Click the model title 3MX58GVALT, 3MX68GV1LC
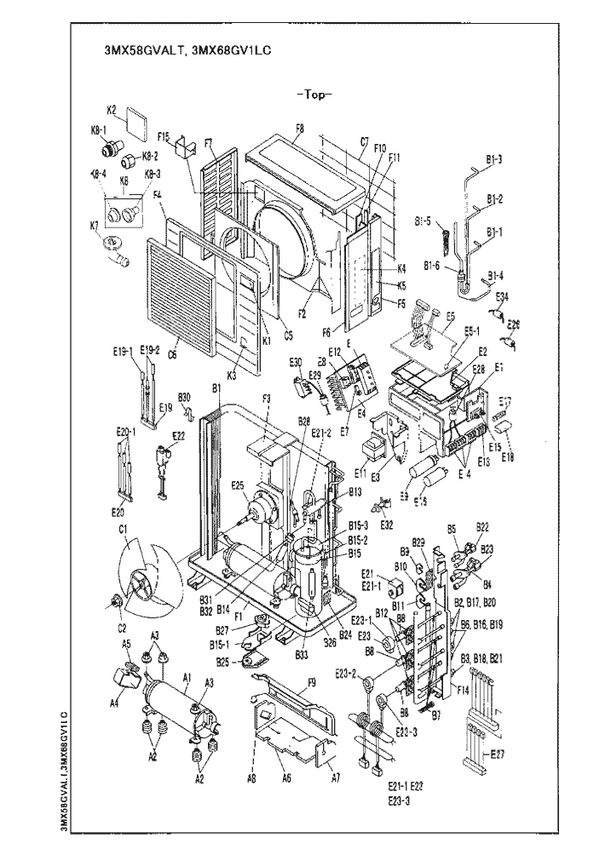[186, 50]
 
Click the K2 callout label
[112, 110]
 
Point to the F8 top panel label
[299, 129]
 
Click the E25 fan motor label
[238, 485]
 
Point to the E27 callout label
[499, 755]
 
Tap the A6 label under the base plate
[286, 778]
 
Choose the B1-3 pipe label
[494, 158]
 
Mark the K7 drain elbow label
[95, 225]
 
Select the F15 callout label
[164, 135]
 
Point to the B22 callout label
[482, 527]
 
